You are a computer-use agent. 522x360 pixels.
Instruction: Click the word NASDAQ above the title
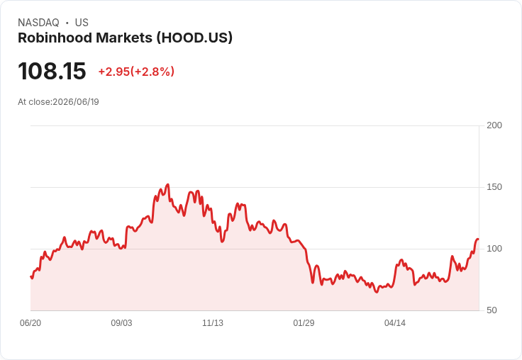[x=38, y=23]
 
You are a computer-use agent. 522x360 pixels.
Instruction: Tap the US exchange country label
[x=82, y=23]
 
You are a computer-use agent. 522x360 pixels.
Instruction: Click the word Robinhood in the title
[x=55, y=38]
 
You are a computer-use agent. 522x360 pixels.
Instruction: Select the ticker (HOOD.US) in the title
[x=194, y=38]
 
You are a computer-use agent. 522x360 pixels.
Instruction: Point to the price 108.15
[x=52, y=71]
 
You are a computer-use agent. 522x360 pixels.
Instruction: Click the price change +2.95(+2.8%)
[x=136, y=72]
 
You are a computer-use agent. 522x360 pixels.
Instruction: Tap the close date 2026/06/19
[x=76, y=102]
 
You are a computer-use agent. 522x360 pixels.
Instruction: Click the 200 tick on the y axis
[x=494, y=125]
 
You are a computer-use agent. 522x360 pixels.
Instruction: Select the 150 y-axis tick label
[x=494, y=187]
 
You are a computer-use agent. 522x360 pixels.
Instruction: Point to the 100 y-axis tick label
[x=494, y=249]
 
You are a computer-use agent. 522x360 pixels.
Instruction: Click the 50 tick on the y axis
[x=492, y=310]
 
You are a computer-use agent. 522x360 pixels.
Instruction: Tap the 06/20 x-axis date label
[x=30, y=322]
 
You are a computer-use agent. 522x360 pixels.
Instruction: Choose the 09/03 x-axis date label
[x=121, y=322]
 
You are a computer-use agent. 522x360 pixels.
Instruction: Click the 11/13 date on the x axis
[x=213, y=322]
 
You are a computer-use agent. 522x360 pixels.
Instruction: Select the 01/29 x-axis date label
[x=304, y=322]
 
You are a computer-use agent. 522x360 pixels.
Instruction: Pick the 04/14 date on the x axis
[x=395, y=322]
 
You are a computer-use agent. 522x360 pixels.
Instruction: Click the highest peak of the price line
[x=168, y=184]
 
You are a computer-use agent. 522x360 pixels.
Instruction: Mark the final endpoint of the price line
[x=479, y=240]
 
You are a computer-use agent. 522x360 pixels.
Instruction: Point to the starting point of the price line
[x=31, y=276]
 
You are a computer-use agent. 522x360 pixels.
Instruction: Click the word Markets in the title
[x=124, y=38]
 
